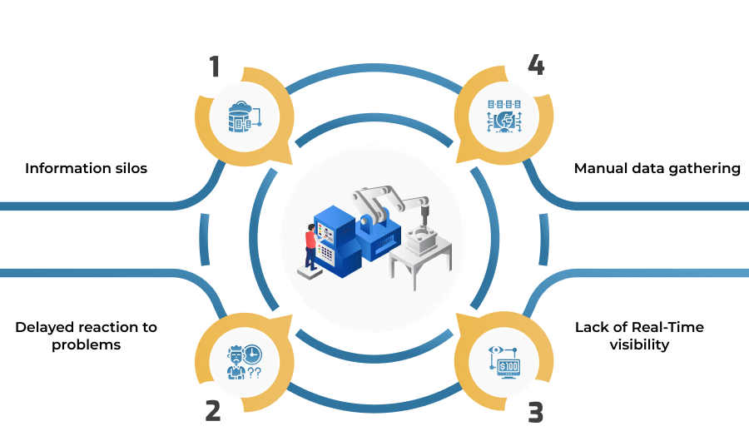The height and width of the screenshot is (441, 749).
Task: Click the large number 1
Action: (x=215, y=67)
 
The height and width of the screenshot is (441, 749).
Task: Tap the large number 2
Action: (x=213, y=410)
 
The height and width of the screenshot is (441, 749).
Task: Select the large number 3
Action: (x=535, y=413)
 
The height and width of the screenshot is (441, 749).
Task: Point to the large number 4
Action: (x=536, y=65)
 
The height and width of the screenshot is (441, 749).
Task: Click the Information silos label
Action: (x=86, y=168)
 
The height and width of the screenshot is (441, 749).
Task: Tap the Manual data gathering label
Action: (x=657, y=168)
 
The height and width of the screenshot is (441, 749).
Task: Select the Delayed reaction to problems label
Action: (x=86, y=336)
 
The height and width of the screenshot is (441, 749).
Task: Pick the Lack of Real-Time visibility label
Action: (x=639, y=336)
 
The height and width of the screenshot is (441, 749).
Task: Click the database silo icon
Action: (x=245, y=116)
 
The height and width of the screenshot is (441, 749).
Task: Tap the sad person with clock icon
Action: (x=244, y=362)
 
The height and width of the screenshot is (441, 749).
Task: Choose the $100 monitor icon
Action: (x=504, y=363)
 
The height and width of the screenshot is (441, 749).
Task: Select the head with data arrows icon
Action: (x=504, y=116)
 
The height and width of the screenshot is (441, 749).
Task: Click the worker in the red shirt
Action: (x=311, y=247)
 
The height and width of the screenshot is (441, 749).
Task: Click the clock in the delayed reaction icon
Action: (x=252, y=354)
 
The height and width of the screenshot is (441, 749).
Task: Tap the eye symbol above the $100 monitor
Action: (x=496, y=350)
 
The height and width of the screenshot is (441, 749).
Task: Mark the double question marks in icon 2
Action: (x=255, y=373)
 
